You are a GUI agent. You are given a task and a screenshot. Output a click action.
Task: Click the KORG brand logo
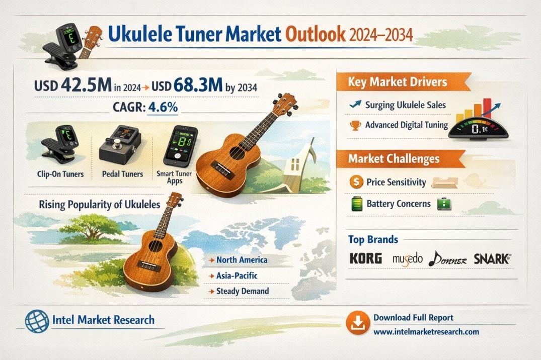366,258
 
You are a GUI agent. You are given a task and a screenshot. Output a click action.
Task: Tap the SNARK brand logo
492,258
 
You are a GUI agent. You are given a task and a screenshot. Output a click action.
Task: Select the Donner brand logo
447,259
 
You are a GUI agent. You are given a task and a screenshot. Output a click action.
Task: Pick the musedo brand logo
408,258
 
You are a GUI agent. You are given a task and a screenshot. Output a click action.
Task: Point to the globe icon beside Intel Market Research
37,321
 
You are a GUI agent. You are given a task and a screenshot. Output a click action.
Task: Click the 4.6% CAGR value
163,107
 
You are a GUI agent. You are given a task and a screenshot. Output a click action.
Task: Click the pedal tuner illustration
120,145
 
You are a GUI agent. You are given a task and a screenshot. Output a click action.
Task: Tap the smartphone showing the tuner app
181,146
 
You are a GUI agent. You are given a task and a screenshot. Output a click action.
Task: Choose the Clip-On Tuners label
60,174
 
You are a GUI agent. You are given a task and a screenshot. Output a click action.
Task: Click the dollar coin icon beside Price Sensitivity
356,182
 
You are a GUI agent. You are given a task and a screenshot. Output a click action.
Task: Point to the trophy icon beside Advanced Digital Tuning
355,125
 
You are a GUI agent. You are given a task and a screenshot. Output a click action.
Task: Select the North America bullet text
242,259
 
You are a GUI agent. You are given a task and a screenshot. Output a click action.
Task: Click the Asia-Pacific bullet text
237,276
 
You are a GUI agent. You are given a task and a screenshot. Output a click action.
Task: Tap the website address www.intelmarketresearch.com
426,332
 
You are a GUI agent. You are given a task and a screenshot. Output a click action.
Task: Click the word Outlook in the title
316,34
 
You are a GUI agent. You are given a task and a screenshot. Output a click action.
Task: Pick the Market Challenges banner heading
394,158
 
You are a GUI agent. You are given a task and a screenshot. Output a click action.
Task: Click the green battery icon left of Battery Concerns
356,204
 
